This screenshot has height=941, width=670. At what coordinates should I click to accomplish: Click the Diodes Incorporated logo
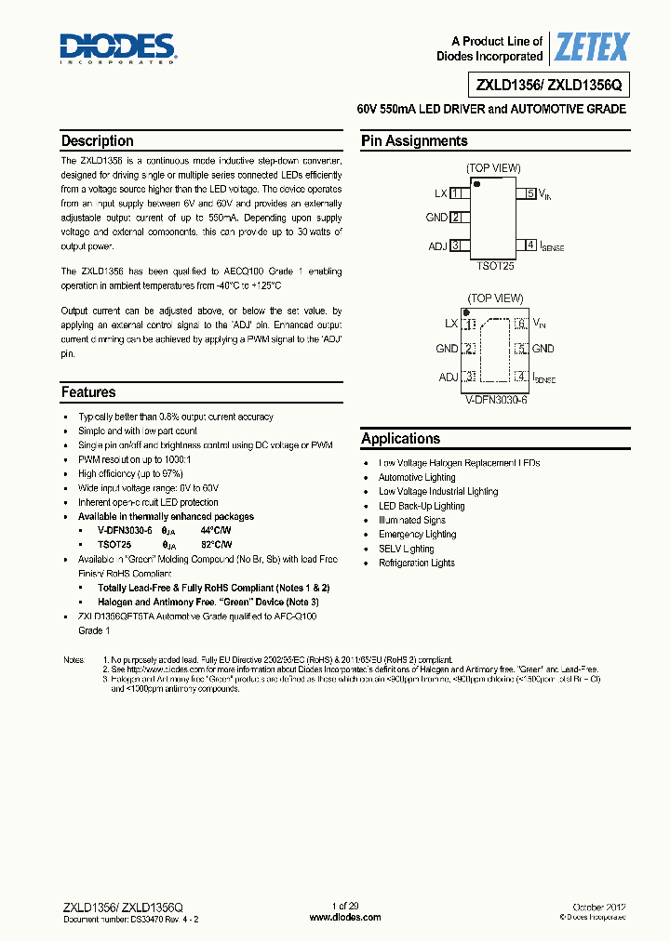[x=118, y=46]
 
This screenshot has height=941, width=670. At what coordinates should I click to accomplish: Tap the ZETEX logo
[x=591, y=46]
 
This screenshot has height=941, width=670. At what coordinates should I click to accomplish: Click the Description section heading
[x=97, y=141]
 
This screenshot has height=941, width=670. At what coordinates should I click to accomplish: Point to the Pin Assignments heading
[x=414, y=141]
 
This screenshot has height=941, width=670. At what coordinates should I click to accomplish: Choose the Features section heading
[x=88, y=392]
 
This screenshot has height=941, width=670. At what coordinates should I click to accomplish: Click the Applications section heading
[x=401, y=439]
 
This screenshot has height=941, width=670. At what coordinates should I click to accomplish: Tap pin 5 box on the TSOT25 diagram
[x=530, y=193]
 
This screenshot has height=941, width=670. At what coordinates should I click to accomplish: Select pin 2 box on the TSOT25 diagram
[x=456, y=218]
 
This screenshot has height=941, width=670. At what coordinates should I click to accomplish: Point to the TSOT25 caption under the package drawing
[x=494, y=265]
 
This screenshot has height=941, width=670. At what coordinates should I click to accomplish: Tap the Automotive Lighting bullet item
[x=418, y=477]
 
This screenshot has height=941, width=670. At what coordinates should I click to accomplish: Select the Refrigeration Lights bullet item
[x=417, y=563]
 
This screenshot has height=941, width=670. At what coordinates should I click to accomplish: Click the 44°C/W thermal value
[x=215, y=530]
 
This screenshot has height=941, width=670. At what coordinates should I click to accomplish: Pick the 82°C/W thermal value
[x=215, y=545]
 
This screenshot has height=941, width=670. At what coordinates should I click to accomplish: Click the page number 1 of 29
[x=344, y=906]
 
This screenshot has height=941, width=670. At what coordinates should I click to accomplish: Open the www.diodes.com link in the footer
[x=344, y=917]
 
